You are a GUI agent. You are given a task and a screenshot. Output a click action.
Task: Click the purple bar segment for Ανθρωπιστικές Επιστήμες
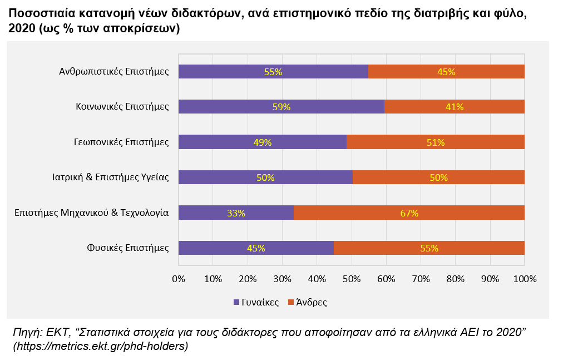(273, 72)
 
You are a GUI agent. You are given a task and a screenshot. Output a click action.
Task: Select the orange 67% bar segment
(409, 213)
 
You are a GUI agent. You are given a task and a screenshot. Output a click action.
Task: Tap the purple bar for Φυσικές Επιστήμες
(256, 248)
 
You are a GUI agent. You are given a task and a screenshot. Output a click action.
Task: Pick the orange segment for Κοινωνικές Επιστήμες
(455, 107)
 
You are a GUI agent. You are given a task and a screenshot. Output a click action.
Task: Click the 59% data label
(281, 107)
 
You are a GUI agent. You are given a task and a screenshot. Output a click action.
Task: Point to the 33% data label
(236, 213)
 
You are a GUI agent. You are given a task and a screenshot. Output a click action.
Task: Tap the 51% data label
(436, 142)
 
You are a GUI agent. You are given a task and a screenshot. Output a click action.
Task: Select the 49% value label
(263, 142)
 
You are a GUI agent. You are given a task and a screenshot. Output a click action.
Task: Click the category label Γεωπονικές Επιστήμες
(121, 142)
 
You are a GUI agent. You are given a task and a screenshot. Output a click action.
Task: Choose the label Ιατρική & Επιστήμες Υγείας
(110, 177)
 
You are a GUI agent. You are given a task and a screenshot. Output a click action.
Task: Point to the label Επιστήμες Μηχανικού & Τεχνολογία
(92, 213)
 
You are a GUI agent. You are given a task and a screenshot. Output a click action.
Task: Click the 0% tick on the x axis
(179, 279)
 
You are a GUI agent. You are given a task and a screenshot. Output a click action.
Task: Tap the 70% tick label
(421, 279)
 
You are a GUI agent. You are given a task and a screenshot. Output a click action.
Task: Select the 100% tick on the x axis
(525, 279)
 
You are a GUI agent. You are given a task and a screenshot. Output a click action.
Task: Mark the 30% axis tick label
(282, 279)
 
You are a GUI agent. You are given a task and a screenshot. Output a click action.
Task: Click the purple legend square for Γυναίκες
(236, 302)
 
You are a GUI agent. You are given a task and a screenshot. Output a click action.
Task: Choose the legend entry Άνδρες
(308, 302)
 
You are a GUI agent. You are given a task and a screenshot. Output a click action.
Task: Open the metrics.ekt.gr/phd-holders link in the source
(101, 346)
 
